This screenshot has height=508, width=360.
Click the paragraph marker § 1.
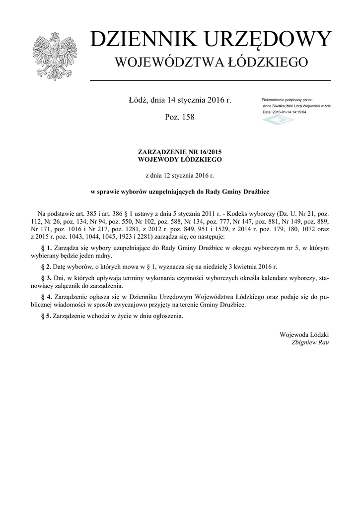pyautogui.click(x=46, y=247)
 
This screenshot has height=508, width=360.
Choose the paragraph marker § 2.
pyautogui.click(x=46, y=267)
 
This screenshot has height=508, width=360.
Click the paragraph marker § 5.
pyautogui.click(x=46, y=316)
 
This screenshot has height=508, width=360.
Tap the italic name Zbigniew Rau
pyautogui.click(x=310, y=342)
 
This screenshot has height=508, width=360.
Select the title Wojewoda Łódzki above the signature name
pyautogui.click(x=304, y=334)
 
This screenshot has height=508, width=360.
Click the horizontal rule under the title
pyautogui.click(x=210, y=80)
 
